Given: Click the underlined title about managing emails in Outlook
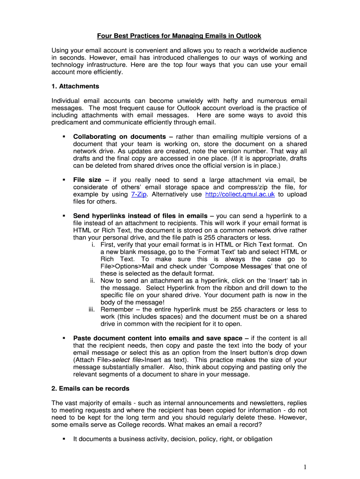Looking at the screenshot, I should pyautogui.click(x=179, y=36).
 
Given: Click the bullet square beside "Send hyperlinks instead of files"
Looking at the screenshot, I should pyautogui.click(x=63, y=216).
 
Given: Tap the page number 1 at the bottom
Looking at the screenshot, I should pyautogui.click(x=304, y=467).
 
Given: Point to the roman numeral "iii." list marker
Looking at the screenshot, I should pyautogui.click(x=93, y=310).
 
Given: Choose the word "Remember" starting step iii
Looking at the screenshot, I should pyautogui.click(x=117, y=310).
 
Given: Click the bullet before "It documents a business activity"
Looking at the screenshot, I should pyautogui.click(x=63, y=439).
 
